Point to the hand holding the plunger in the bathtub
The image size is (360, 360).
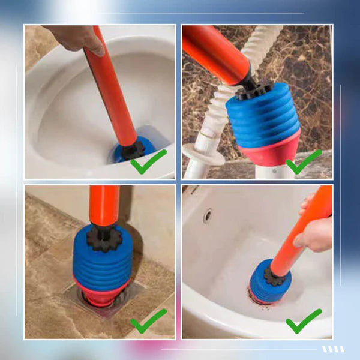pos(315,231)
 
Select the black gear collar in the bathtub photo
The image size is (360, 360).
pos(275,276)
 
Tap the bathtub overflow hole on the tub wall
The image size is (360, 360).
pos(207,215)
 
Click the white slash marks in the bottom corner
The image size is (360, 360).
pos(333,349)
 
